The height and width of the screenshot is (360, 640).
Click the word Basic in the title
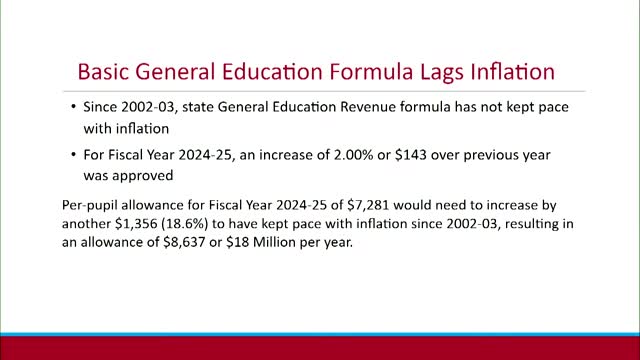pyautogui.click(x=105, y=74)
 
